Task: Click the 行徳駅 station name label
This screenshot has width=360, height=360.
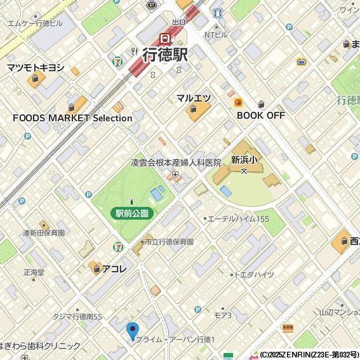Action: tap(165, 55)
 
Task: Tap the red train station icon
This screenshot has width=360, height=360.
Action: tap(165, 37)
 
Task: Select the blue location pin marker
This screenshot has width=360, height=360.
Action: tap(132, 331)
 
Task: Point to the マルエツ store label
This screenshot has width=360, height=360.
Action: tap(194, 98)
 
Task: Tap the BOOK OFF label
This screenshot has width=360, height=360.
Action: tap(260, 115)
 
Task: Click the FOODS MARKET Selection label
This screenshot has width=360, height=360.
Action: tap(72, 118)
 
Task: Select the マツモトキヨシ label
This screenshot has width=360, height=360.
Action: tap(36, 67)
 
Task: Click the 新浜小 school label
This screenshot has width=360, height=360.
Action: tap(243, 159)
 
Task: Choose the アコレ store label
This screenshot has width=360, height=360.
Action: tap(115, 269)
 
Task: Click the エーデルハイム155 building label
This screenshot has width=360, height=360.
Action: tap(238, 218)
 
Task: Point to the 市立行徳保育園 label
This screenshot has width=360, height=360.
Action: tap(168, 242)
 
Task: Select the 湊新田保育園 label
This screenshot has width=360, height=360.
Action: tap(44, 233)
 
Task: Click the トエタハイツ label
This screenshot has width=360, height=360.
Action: tap(255, 274)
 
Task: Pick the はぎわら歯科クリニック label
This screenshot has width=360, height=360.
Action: tap(41, 346)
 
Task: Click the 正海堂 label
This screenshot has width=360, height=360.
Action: tap(34, 272)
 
